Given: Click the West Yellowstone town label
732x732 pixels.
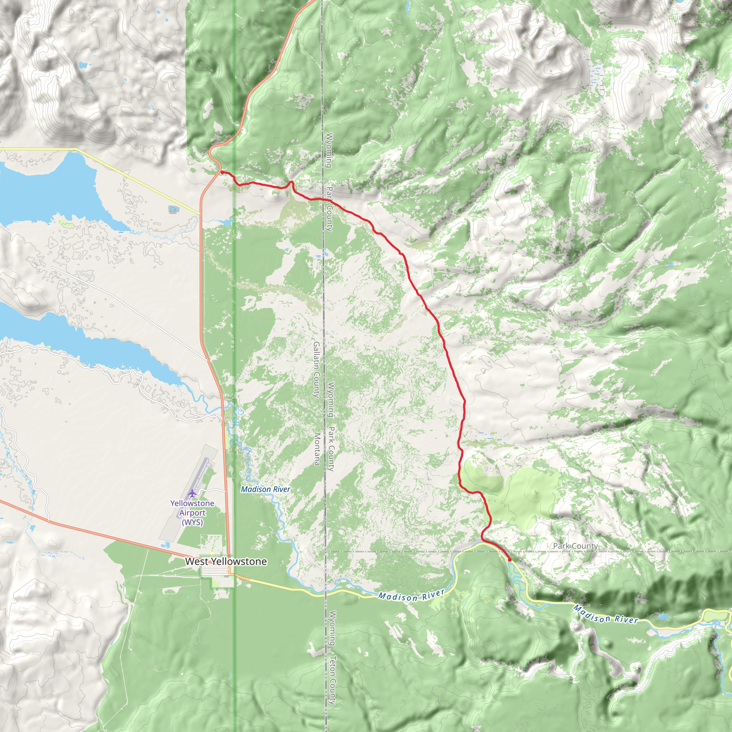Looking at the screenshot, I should [226, 562].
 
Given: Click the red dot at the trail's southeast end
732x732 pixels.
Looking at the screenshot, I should [510, 560].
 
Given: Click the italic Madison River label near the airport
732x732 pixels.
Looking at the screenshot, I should [266, 489].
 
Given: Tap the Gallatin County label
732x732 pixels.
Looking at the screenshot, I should [316, 370].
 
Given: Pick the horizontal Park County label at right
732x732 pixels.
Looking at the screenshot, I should [575, 546].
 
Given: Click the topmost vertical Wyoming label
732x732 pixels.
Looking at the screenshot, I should [329, 150].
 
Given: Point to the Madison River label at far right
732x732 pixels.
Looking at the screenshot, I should [605, 614].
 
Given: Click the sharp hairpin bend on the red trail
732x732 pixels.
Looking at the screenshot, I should [291, 183].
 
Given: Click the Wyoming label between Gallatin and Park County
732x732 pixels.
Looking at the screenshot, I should [331, 399].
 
